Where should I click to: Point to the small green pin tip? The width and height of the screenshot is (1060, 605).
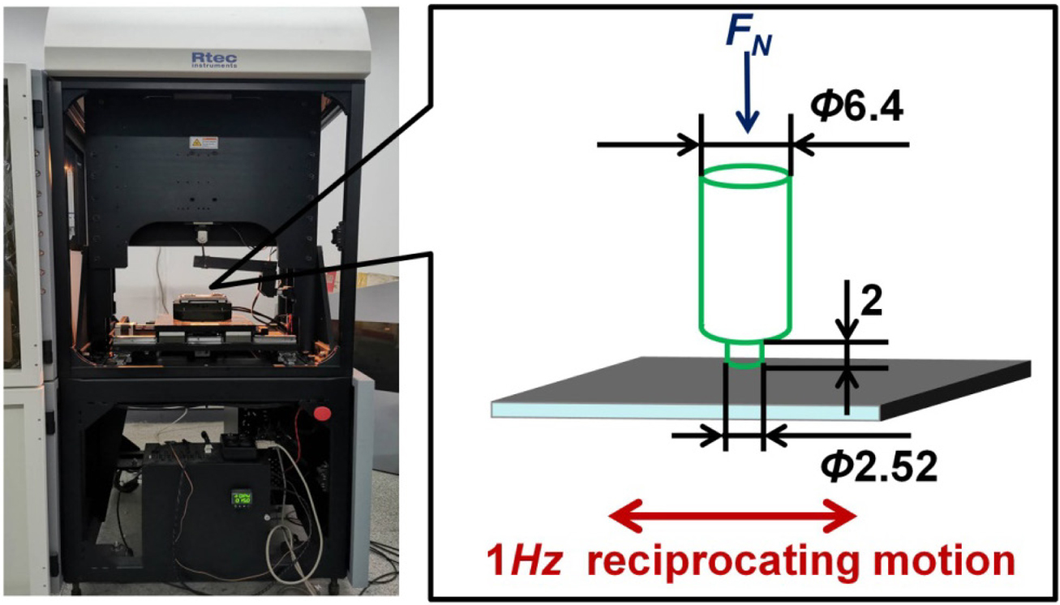744,355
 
